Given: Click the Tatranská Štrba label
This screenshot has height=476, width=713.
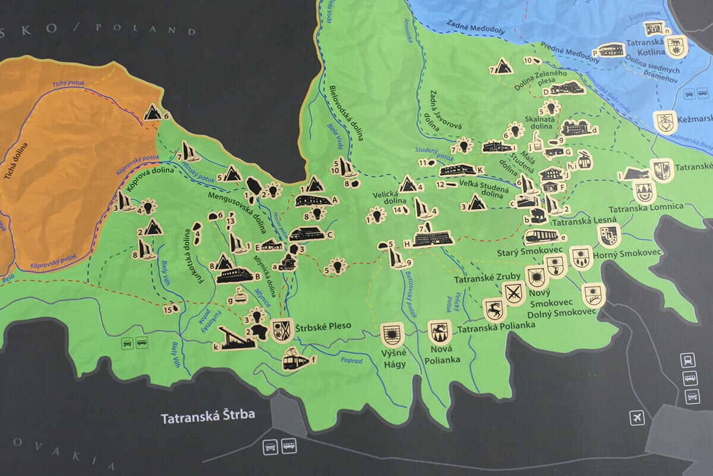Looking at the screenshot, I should (x=207, y=416).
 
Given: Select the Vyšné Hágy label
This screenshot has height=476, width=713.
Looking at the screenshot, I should (x=393, y=358).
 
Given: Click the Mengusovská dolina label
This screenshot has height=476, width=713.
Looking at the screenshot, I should (x=237, y=206).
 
